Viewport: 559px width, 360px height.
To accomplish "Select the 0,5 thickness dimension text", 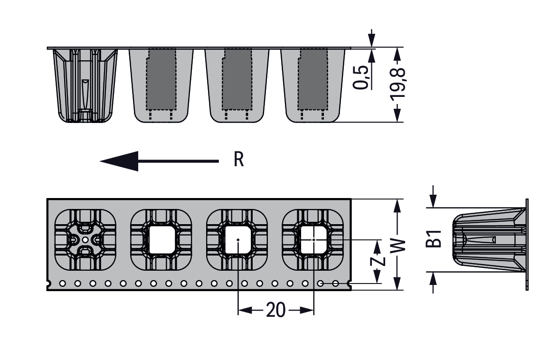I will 361,77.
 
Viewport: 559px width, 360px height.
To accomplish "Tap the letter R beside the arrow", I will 238,160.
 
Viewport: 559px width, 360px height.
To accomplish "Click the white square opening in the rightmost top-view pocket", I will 313,239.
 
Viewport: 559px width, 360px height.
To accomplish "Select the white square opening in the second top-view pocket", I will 162,240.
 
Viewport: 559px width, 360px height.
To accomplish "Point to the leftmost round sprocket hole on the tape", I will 62,284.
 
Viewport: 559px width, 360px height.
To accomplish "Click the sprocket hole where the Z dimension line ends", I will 321,284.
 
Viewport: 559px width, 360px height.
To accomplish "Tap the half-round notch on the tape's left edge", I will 48,284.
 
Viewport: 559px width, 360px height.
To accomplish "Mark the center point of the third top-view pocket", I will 238,240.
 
